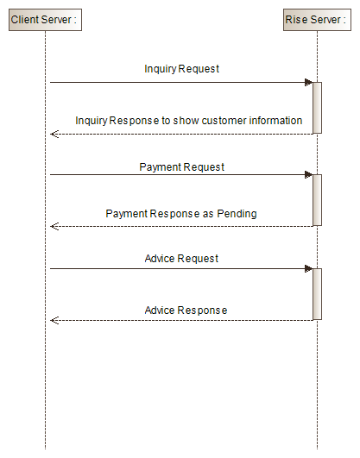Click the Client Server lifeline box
pyautogui.click(x=45, y=19)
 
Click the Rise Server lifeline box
pyautogui.click(x=317, y=19)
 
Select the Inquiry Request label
pyautogui.click(x=182, y=68)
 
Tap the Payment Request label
pyautogui.click(x=182, y=166)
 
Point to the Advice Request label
pyautogui.click(x=182, y=258)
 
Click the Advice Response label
pyautogui.click(x=186, y=310)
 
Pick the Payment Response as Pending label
pyautogui.click(x=181, y=213)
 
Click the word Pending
pyautogui.click(x=239, y=213)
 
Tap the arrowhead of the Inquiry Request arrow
pyautogui.click(x=307, y=83)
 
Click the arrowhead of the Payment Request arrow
pyautogui.click(x=307, y=175)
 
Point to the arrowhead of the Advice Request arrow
pyautogui.click(x=307, y=268)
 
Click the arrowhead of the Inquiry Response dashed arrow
pyautogui.click(x=54, y=134)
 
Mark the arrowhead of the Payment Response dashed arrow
pyautogui.click(x=54, y=226)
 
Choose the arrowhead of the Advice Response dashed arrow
pyautogui.click(x=54, y=320)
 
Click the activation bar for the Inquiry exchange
pyautogui.click(x=317, y=108)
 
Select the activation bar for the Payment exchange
pyautogui.click(x=317, y=200)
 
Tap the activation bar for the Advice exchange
pyautogui.click(x=317, y=293)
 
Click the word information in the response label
pyautogui.click(x=276, y=120)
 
